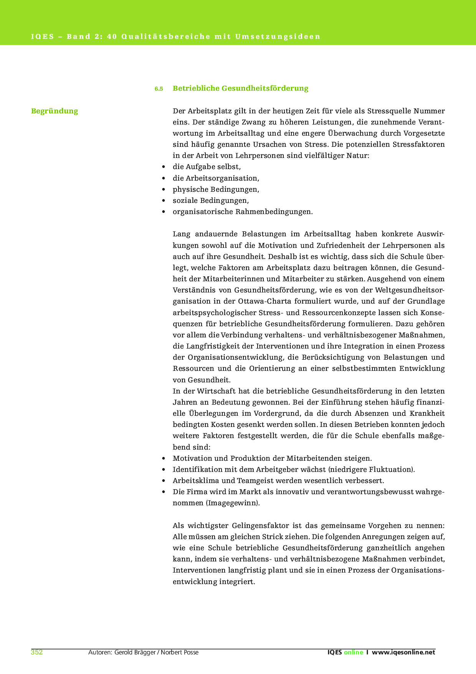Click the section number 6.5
pyautogui.click(x=159, y=89)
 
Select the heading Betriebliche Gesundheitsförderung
pyautogui.click(x=240, y=88)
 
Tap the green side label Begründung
pyautogui.click(x=55, y=111)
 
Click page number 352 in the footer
pyautogui.click(x=37, y=652)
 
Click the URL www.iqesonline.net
pyautogui.click(x=403, y=652)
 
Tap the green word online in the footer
pyautogui.click(x=354, y=652)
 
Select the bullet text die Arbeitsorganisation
pyautogui.click(x=216, y=178)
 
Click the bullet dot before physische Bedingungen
pyautogui.click(x=164, y=189)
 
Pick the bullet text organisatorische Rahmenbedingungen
pyautogui.click(x=242, y=212)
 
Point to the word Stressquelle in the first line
pyautogui.click(x=388, y=111)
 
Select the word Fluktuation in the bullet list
pyautogui.click(x=390, y=470)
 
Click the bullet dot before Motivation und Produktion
pyautogui.click(x=164, y=458)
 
